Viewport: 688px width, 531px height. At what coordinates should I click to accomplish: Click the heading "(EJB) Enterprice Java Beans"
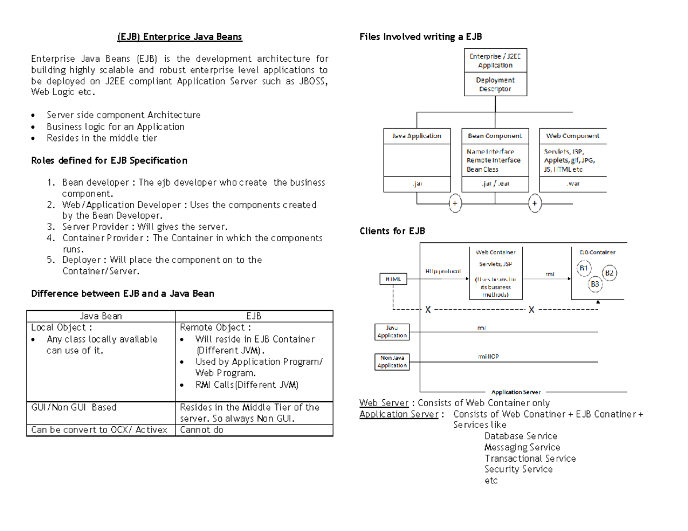(x=179, y=37)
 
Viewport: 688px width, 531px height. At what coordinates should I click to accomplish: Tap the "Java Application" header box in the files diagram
(x=417, y=136)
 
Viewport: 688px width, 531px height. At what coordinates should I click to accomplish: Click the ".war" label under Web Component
(x=573, y=184)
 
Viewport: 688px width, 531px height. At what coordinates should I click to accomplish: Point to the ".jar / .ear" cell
(x=495, y=184)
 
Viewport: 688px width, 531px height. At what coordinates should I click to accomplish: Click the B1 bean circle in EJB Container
(x=584, y=268)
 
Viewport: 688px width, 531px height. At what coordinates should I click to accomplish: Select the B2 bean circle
(x=609, y=273)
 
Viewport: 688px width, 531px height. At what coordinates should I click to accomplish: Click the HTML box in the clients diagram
(x=393, y=279)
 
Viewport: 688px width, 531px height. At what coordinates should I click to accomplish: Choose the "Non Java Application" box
(x=392, y=362)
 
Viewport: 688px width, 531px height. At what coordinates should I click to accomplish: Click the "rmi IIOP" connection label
(x=488, y=356)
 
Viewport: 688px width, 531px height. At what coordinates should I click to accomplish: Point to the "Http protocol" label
(x=443, y=270)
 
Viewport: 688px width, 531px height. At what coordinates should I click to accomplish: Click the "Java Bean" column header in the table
(x=100, y=316)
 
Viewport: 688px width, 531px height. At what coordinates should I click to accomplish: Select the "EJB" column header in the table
(x=254, y=316)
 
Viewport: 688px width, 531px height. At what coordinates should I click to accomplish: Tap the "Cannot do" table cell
(x=202, y=430)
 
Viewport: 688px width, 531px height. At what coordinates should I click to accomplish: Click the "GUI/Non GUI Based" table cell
(x=74, y=407)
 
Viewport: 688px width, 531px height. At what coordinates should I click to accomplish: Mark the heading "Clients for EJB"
(x=392, y=231)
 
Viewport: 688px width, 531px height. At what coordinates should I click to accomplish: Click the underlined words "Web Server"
(x=384, y=403)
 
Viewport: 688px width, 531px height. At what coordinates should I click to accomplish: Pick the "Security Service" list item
(x=518, y=469)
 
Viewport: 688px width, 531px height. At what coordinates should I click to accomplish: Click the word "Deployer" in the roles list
(x=81, y=260)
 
